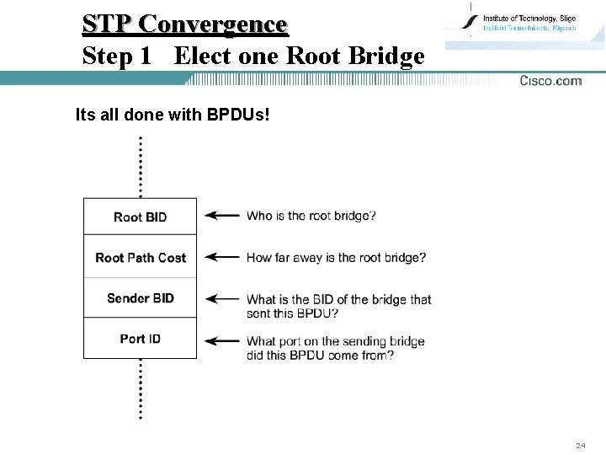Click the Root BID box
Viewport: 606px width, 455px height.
pos(140,217)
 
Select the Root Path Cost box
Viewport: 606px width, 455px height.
pos(140,257)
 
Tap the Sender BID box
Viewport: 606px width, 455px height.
pos(140,297)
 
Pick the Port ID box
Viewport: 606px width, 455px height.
pos(140,338)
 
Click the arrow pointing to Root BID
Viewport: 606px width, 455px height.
pos(222,216)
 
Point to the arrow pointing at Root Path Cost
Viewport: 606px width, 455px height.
pos(222,257)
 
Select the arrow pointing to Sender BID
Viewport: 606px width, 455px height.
pos(222,298)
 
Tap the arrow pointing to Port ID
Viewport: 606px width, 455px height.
pos(222,341)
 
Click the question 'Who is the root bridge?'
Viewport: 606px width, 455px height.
pos(311,216)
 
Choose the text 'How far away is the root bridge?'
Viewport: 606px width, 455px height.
pos(336,257)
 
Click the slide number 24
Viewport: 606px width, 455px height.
pos(580,445)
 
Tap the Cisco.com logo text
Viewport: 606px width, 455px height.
pos(550,81)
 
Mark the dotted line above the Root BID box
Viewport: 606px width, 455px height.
pos(140,167)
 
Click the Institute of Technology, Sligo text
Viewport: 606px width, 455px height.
pos(529,19)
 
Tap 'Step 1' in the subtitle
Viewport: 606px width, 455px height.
pos(117,56)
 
